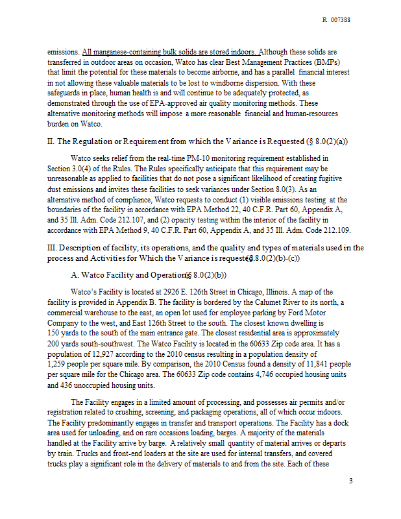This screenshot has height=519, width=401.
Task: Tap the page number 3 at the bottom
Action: coord(350,481)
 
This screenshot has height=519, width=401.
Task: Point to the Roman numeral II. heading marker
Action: coord(51,141)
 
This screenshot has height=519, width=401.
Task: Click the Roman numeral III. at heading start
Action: coord(53,248)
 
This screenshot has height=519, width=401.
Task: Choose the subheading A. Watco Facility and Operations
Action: coord(127,276)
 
